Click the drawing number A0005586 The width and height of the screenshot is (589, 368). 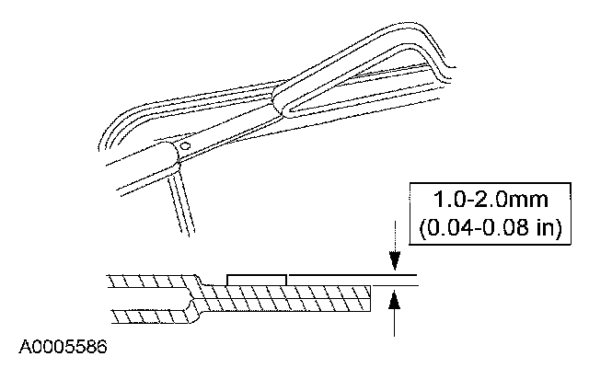(x=62, y=348)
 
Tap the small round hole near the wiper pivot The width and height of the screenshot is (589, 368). (x=184, y=145)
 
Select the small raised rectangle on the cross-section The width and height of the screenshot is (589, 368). (x=257, y=279)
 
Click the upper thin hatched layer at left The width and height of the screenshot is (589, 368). (x=147, y=280)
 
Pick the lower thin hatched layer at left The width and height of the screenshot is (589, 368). (x=147, y=316)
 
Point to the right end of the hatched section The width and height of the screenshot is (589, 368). (x=370, y=297)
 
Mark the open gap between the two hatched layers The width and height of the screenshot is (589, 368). (x=147, y=298)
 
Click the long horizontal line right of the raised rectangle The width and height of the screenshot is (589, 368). (x=350, y=275)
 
